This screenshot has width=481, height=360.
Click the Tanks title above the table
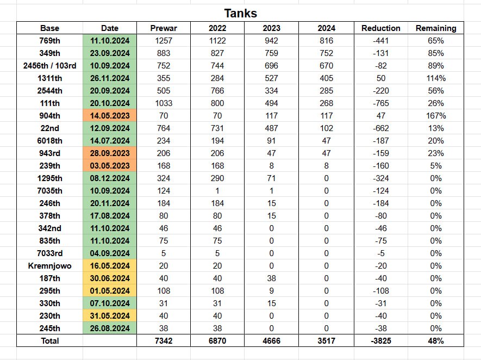click(240, 13)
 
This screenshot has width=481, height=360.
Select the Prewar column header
click(164, 28)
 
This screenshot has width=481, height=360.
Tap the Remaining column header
click(436, 28)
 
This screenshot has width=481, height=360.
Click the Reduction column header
click(380, 28)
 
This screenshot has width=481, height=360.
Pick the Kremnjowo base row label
click(49, 266)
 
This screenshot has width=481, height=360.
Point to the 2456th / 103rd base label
click(49, 65)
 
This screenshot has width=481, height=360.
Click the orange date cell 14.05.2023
click(109, 115)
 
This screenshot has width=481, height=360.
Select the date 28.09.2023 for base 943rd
click(109, 153)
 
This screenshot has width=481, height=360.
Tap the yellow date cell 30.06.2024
click(109, 278)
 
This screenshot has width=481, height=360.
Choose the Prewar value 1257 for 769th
click(164, 40)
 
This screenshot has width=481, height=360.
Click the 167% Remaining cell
click(436, 115)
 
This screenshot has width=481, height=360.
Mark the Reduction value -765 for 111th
click(380, 103)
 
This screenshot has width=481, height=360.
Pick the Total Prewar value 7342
click(164, 341)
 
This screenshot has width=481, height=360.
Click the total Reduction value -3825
click(380, 341)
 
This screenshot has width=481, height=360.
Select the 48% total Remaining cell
click(436, 341)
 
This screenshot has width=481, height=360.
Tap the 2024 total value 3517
click(326, 341)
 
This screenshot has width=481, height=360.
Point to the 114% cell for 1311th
click(436, 78)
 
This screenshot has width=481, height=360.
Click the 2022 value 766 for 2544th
click(217, 90)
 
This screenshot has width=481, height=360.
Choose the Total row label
click(49, 341)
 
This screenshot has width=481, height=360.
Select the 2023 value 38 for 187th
click(272, 278)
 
